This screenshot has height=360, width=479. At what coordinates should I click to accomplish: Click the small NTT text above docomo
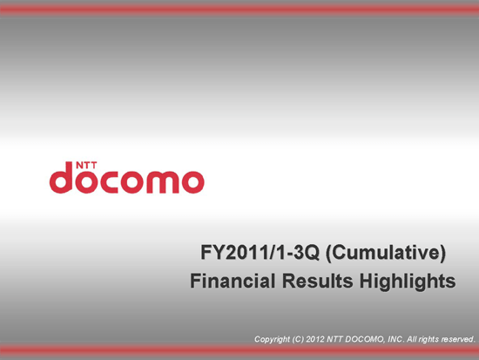86,165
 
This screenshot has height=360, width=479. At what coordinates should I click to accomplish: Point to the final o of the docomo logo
192,182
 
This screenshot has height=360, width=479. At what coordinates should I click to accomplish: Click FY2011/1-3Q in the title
260,253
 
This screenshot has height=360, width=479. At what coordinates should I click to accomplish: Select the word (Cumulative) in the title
386,254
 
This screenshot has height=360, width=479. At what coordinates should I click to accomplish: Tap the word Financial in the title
233,281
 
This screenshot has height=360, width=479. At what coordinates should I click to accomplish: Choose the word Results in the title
317,281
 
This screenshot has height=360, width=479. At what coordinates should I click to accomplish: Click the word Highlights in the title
408,282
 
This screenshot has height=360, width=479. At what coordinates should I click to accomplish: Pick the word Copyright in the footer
272,339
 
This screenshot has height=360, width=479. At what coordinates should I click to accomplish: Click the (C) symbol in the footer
298,339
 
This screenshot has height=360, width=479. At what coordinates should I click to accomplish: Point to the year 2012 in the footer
315,339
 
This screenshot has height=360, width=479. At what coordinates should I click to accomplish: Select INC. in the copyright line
395,339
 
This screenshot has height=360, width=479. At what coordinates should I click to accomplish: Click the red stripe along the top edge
239,10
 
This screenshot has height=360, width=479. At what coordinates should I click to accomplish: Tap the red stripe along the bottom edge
239,350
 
